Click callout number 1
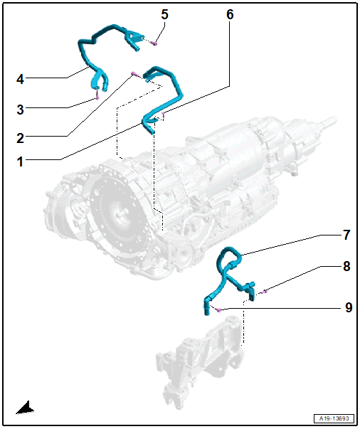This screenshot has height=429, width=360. [x=20, y=161]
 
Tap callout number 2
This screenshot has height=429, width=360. [x=20, y=138]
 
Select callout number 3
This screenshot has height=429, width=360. [x=20, y=110]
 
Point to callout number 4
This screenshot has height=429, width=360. [x=20, y=80]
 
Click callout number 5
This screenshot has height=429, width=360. [x=164, y=14]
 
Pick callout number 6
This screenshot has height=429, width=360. [x=230, y=14]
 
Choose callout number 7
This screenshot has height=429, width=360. [x=346, y=235]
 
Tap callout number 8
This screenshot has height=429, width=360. [x=346, y=266]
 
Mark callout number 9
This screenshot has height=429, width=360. [x=349, y=307]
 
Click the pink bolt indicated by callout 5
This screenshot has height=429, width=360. [x=155, y=43]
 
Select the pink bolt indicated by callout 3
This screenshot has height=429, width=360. [x=97, y=97]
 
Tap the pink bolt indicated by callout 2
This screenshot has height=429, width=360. [x=134, y=73]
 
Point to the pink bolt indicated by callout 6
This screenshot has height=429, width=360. [x=164, y=115]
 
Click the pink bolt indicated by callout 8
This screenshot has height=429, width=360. [x=264, y=292]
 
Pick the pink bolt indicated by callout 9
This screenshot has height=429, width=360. [x=218, y=309]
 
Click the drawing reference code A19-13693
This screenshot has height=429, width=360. [x=334, y=418]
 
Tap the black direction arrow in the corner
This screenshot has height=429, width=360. [x=25, y=408]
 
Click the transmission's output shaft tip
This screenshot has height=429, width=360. [x=333, y=120]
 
